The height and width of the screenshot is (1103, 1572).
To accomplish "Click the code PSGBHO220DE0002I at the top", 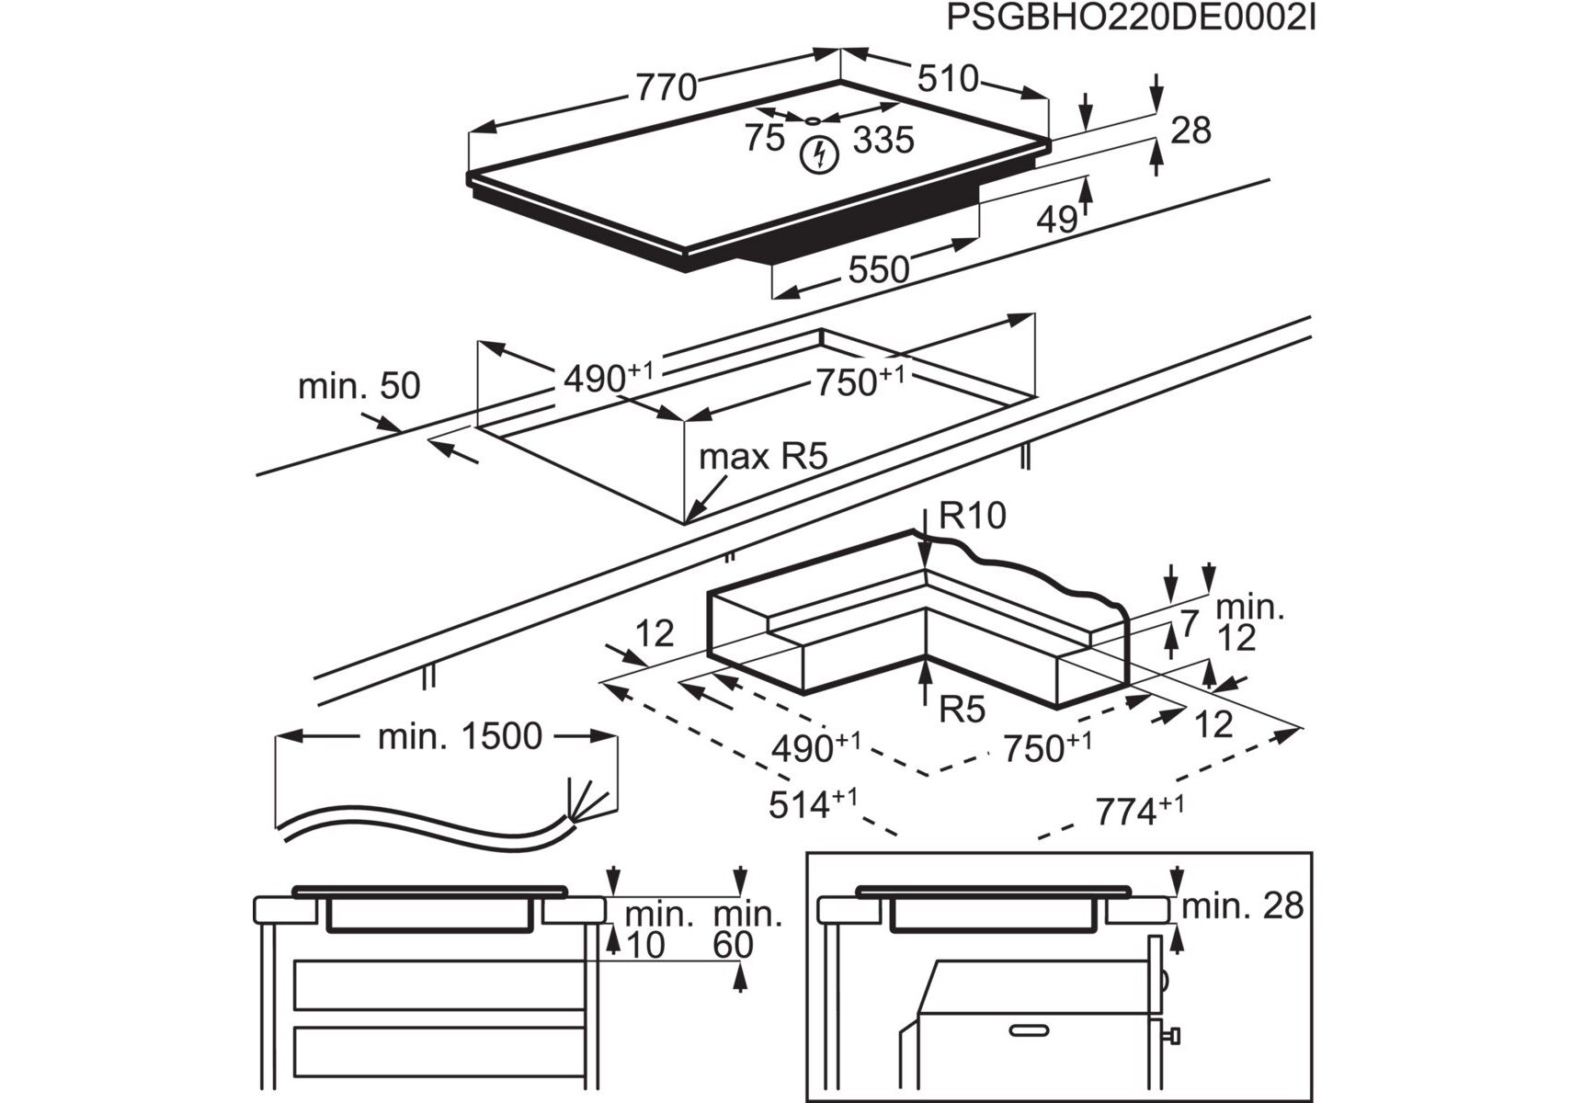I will click(1130, 18).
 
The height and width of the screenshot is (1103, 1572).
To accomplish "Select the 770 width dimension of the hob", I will click(666, 87).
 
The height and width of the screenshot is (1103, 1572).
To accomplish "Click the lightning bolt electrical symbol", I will click(818, 154).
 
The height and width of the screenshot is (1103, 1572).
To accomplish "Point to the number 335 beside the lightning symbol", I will click(883, 141).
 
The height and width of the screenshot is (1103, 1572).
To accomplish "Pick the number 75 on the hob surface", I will click(765, 139).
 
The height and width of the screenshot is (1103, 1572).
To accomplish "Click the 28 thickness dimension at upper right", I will click(1190, 131).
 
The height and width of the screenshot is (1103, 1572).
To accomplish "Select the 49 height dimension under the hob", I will click(1056, 219).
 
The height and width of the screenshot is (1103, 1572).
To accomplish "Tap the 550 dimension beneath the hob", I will click(878, 269).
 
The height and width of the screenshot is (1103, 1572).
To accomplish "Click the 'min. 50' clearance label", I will click(359, 386).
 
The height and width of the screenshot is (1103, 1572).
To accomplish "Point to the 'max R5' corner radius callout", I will click(763, 456).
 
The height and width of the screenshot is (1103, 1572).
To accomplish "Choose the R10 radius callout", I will click(973, 516).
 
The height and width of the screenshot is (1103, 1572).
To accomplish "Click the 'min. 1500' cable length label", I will click(460, 736).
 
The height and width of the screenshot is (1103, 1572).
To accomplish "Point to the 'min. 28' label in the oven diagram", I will click(1242, 906).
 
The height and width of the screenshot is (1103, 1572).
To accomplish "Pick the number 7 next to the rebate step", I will click(1190, 624).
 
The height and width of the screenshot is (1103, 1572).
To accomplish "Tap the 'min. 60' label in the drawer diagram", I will click(746, 929).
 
